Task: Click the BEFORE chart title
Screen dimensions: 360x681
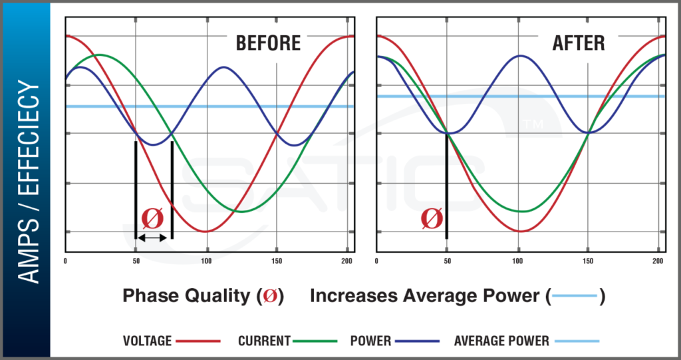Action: tap(268, 43)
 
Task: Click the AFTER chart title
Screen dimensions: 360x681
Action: tap(579, 43)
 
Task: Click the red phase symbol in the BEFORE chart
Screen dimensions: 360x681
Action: tap(153, 218)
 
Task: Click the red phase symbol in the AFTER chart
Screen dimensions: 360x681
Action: tap(432, 218)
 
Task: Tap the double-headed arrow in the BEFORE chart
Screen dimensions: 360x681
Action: tap(154, 238)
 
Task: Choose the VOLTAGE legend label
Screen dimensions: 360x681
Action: tap(148, 341)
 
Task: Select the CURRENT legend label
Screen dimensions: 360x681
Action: tap(264, 341)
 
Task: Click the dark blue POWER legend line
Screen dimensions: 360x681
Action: tap(417, 341)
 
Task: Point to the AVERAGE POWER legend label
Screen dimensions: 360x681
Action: tap(501, 341)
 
